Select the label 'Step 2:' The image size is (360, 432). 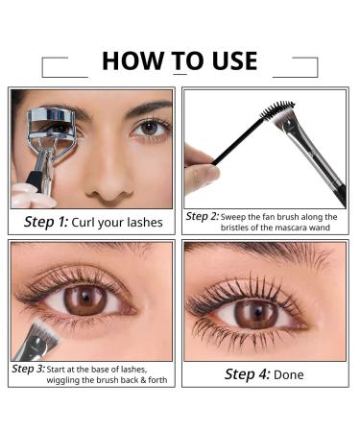[203, 216]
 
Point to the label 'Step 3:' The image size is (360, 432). [28, 369]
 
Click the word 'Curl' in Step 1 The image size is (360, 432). [94, 223]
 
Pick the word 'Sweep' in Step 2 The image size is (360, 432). [239, 216]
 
